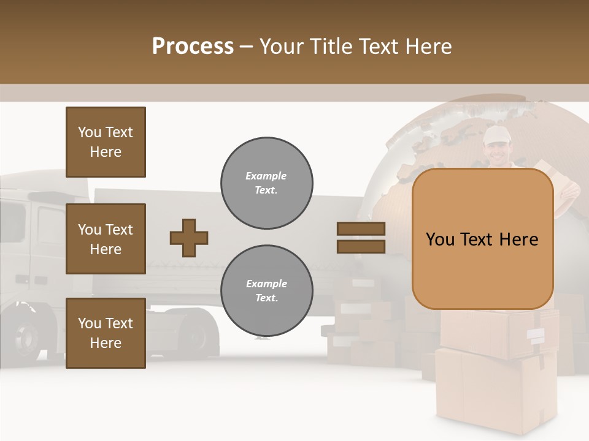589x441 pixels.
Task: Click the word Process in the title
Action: [x=193, y=47]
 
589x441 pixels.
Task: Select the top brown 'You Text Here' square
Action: [x=106, y=142]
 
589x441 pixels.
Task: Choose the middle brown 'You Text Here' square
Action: [x=106, y=239]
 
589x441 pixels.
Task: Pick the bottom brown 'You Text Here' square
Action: [x=106, y=333]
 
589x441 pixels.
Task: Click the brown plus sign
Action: [x=189, y=238]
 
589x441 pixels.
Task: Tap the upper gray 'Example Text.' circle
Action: [x=266, y=183]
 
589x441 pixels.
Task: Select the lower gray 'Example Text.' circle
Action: [x=266, y=291]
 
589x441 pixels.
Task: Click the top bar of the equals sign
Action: [x=361, y=229]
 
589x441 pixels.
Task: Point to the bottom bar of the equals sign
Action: [x=361, y=246]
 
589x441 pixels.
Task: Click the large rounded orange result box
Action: [x=482, y=239]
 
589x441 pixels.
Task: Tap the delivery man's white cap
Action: [x=496, y=135]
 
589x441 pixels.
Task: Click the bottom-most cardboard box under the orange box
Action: [x=496, y=392]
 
